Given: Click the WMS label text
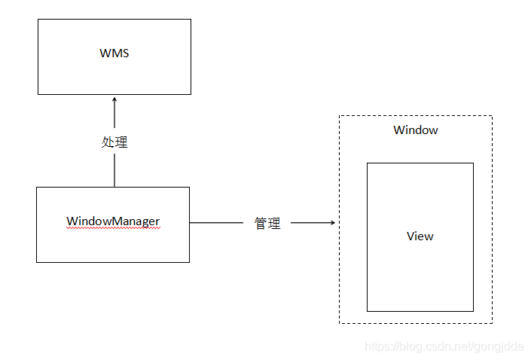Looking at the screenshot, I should tap(114, 53).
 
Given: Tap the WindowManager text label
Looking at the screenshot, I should tap(113, 221).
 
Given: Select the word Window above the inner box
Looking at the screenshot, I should tap(415, 130).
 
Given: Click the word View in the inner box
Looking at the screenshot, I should tap(420, 236).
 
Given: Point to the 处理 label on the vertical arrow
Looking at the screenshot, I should tap(114, 142).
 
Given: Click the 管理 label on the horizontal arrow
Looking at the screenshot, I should tap(267, 224).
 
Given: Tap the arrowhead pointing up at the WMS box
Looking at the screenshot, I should tap(114, 99).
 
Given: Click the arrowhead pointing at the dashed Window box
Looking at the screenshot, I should tap(331, 223).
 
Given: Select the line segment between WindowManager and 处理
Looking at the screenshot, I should tap(114, 170).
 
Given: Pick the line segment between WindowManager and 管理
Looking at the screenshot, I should tap(216, 223).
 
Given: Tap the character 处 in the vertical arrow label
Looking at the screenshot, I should tap(108, 142).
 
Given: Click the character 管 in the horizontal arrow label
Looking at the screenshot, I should tap(261, 224).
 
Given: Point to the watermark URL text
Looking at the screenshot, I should tap(444, 346).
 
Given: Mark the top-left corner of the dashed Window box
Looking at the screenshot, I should tap(340, 116).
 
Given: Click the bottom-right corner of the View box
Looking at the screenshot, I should tap(473, 311).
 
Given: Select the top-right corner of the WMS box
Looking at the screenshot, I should tap(191, 20).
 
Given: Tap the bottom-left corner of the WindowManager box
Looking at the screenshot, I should tap(37, 262).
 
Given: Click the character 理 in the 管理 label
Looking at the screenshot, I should tap(274, 224).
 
